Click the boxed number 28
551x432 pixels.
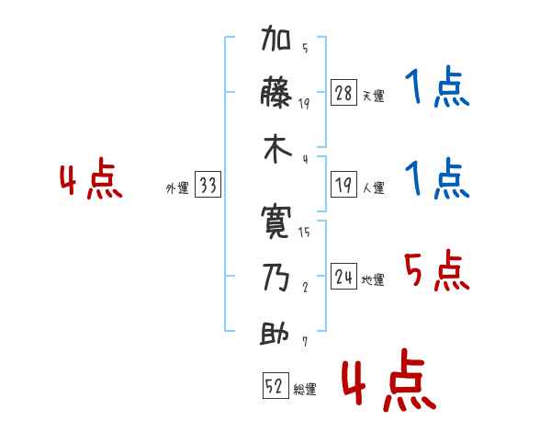coord(343,93)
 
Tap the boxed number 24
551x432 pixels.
coord(343,277)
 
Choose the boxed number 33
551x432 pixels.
coord(208,186)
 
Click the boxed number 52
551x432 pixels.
coord(274,386)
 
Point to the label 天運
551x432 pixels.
coord(373,96)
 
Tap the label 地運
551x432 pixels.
coord(373,279)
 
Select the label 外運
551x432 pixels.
coord(177,188)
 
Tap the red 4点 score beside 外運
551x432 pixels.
coord(91,181)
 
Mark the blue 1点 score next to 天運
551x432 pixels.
coord(437,89)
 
